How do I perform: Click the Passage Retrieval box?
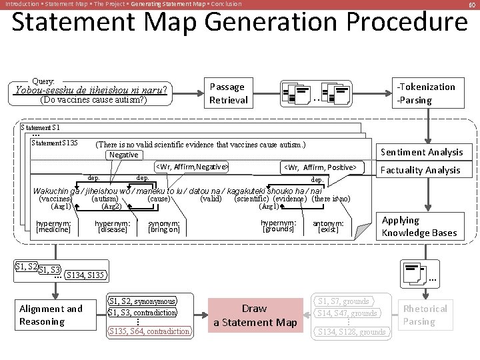click(x=228, y=93)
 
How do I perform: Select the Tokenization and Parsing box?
click(x=426, y=93)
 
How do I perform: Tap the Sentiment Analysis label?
click(x=421, y=152)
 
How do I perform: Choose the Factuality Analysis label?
click(x=420, y=170)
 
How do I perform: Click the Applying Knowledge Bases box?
click(x=419, y=227)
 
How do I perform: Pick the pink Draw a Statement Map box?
click(x=255, y=315)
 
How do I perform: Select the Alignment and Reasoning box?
click(x=51, y=315)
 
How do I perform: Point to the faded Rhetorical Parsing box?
click(x=425, y=315)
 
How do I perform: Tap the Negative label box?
click(x=123, y=155)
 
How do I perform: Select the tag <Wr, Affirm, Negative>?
click(x=192, y=167)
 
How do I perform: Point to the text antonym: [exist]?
click(x=328, y=227)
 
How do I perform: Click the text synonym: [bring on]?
click(x=164, y=227)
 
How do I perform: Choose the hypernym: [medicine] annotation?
click(x=53, y=227)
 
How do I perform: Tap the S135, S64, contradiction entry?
click(x=149, y=331)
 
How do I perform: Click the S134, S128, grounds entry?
click(x=351, y=331)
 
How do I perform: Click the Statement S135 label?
click(x=55, y=143)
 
